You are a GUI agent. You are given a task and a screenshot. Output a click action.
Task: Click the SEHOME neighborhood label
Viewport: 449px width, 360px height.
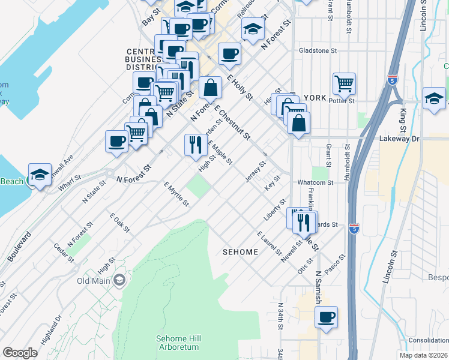[x=240, y=253]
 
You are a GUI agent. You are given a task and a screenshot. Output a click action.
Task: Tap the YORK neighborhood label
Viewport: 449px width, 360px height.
[x=315, y=98]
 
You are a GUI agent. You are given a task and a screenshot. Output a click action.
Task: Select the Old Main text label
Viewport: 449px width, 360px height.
[x=95, y=280]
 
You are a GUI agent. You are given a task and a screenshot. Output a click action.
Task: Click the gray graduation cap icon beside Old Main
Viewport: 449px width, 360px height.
[x=120, y=280]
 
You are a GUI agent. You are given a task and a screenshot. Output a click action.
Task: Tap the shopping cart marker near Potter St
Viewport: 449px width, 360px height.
[x=344, y=83]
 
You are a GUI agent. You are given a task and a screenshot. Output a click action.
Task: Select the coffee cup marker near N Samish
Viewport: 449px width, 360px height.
[x=326, y=317]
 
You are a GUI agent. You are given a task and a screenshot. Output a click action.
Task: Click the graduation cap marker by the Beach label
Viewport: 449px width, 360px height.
[x=39, y=175]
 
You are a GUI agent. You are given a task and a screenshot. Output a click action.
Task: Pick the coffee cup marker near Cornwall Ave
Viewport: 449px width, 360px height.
[x=116, y=142]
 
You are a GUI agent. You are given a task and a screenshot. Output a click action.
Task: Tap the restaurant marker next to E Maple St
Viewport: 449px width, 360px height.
[x=196, y=145]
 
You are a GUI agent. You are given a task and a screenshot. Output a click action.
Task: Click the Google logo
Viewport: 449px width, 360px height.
[x=20, y=353]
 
